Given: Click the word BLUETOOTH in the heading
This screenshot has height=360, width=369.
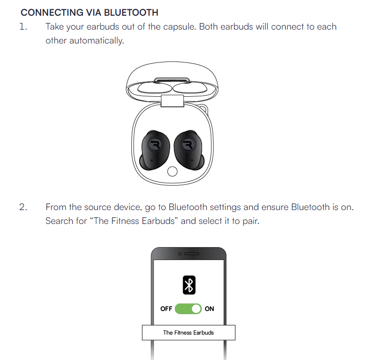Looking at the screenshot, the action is [131, 12].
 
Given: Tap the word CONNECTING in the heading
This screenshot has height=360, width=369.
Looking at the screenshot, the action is [52, 12].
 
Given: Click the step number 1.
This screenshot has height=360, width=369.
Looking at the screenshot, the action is [23, 26].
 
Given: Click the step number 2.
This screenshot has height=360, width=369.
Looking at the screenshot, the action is [23, 207].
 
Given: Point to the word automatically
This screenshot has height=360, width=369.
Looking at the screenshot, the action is [97, 41].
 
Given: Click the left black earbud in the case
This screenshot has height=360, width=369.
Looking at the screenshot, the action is [155, 150].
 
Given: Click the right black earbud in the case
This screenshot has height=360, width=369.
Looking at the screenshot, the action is [189, 150].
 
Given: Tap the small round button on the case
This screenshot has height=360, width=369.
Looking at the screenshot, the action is [172, 171].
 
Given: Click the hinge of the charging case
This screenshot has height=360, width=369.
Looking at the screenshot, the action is [172, 101].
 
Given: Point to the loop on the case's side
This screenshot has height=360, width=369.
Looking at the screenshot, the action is [204, 108].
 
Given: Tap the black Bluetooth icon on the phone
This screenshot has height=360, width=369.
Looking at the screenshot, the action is [189, 285].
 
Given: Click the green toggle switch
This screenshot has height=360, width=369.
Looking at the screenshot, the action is [188, 309].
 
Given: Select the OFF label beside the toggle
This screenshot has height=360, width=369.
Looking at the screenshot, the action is [166, 309].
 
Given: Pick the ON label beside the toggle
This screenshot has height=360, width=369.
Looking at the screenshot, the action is [209, 309].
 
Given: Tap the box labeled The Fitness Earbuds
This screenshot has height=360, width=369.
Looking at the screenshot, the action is [189, 332].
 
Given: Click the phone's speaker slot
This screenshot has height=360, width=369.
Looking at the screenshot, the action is [191, 254].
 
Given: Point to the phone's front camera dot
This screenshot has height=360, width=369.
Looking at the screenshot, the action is [180, 254].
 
